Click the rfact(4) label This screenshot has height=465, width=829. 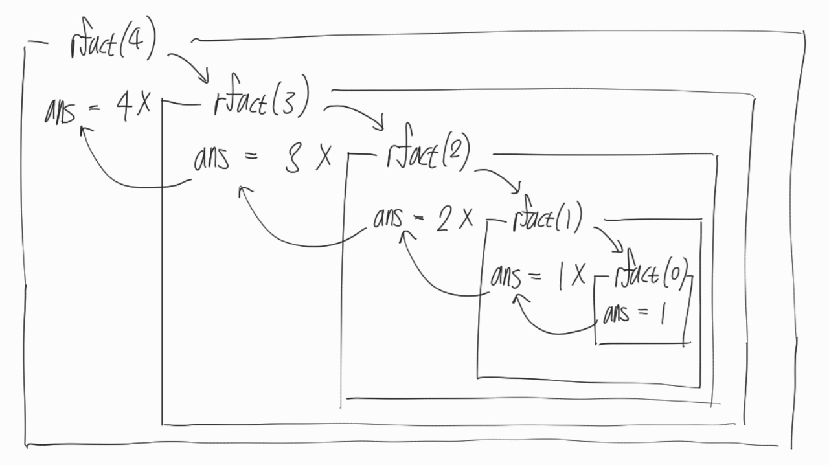(111, 45)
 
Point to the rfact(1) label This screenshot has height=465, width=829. (547, 220)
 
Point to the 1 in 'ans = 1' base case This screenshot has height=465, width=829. (663, 314)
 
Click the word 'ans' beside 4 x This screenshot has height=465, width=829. (60, 111)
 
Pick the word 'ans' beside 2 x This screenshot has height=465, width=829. (388, 219)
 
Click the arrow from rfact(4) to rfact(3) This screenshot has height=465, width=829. (190, 65)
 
